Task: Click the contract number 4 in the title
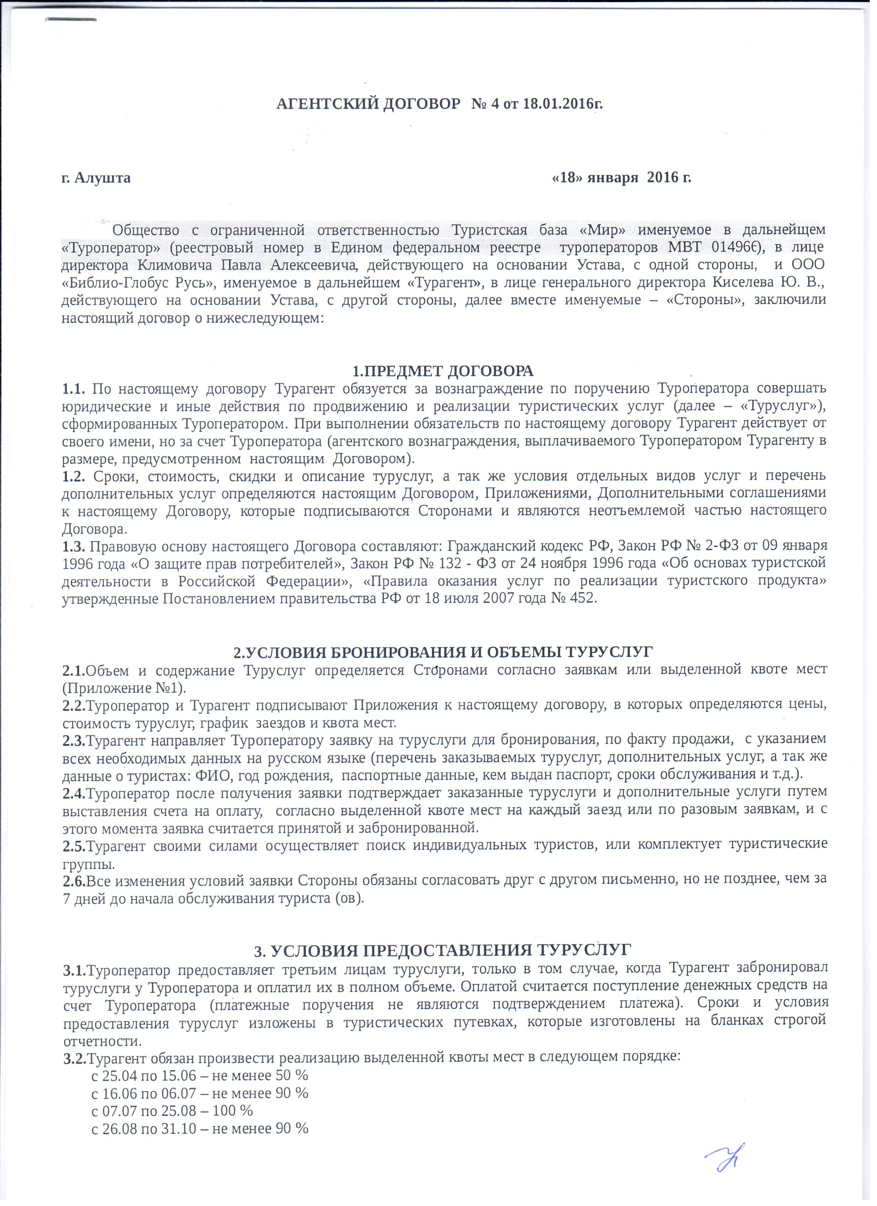[x=495, y=103]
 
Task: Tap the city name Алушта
[x=102, y=177]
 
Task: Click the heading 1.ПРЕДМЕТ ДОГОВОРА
[x=443, y=370]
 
